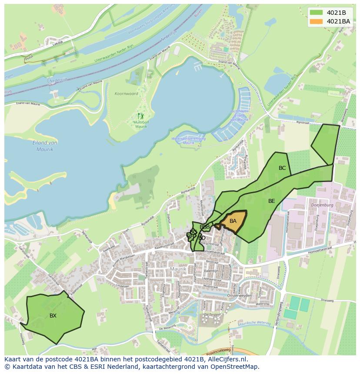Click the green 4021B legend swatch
(x=317, y=13)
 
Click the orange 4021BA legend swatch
(x=317, y=21)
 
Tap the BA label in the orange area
(x=233, y=221)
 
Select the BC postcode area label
(x=282, y=168)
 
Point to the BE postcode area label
(x=272, y=201)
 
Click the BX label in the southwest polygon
(x=53, y=316)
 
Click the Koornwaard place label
(x=127, y=94)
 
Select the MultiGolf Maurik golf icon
(x=140, y=116)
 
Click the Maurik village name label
(x=178, y=269)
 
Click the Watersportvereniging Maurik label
(x=189, y=140)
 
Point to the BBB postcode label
(x=205, y=227)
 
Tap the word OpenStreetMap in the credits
(x=237, y=367)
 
